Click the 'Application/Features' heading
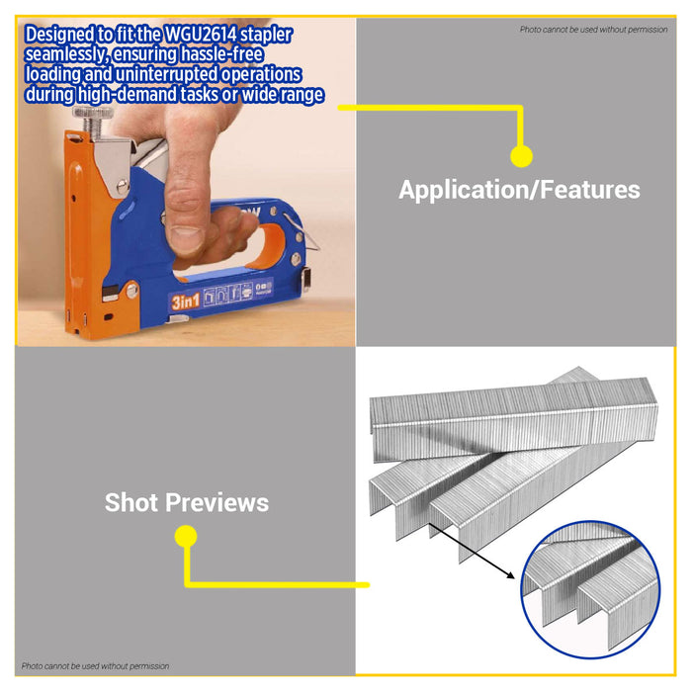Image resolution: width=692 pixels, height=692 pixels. pyautogui.click(x=519, y=190)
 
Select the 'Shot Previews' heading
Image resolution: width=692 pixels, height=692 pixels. pyautogui.click(x=187, y=502)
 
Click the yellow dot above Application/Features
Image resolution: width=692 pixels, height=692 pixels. pyautogui.click(x=521, y=155)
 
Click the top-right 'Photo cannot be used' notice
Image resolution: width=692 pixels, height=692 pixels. pyautogui.click(x=593, y=30)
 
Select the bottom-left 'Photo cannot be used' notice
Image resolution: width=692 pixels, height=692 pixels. pyautogui.click(x=96, y=666)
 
